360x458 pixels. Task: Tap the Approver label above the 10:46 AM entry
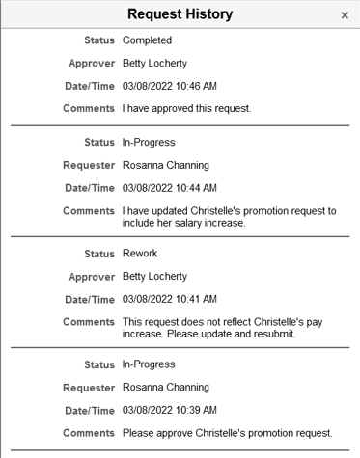coord(92,65)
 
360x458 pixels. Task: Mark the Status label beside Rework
coord(97,254)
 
